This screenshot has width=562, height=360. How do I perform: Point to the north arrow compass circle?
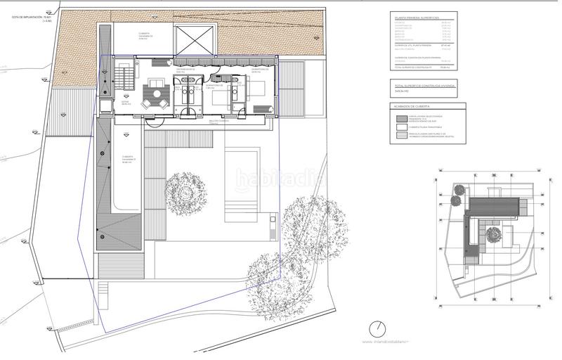tap(378, 328)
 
